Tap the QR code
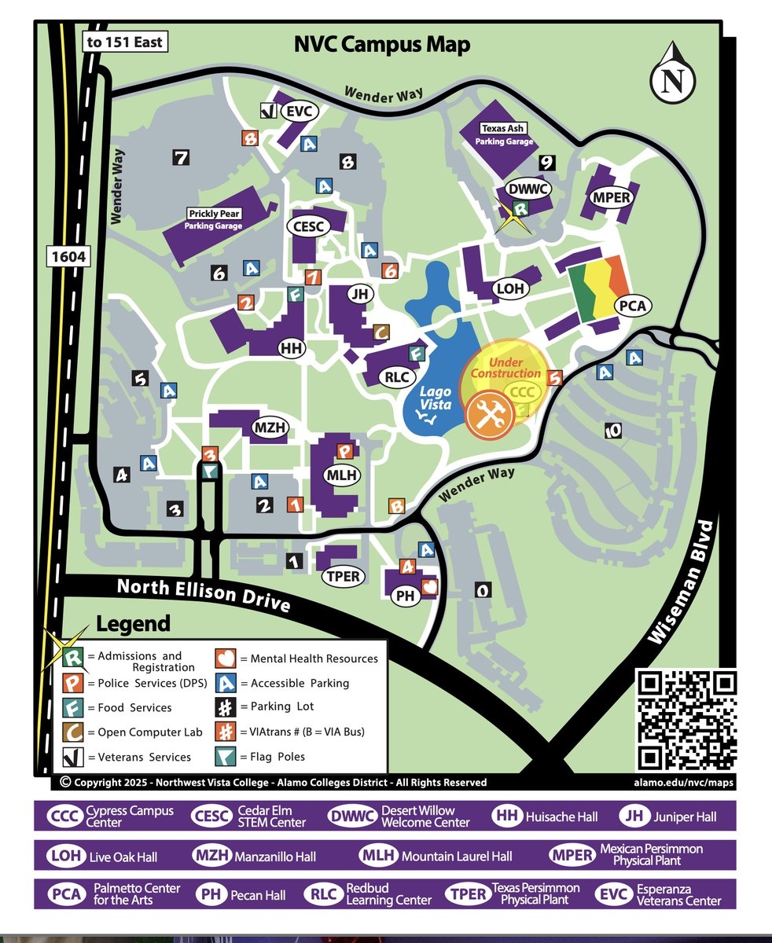tap(686, 720)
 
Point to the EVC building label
tap(299, 112)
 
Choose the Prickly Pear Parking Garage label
tap(214, 219)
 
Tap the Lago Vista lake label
tap(434, 397)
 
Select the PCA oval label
tap(632, 305)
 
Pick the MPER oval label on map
tap(612, 197)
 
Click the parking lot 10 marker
tap(613, 431)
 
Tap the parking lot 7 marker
tap(182, 158)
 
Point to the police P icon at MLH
tap(344, 451)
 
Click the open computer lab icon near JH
tap(380, 333)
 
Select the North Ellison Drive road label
tap(203, 595)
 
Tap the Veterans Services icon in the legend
tap(73, 757)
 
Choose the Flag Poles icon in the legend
tap(225, 757)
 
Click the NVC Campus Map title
tap(382, 44)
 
